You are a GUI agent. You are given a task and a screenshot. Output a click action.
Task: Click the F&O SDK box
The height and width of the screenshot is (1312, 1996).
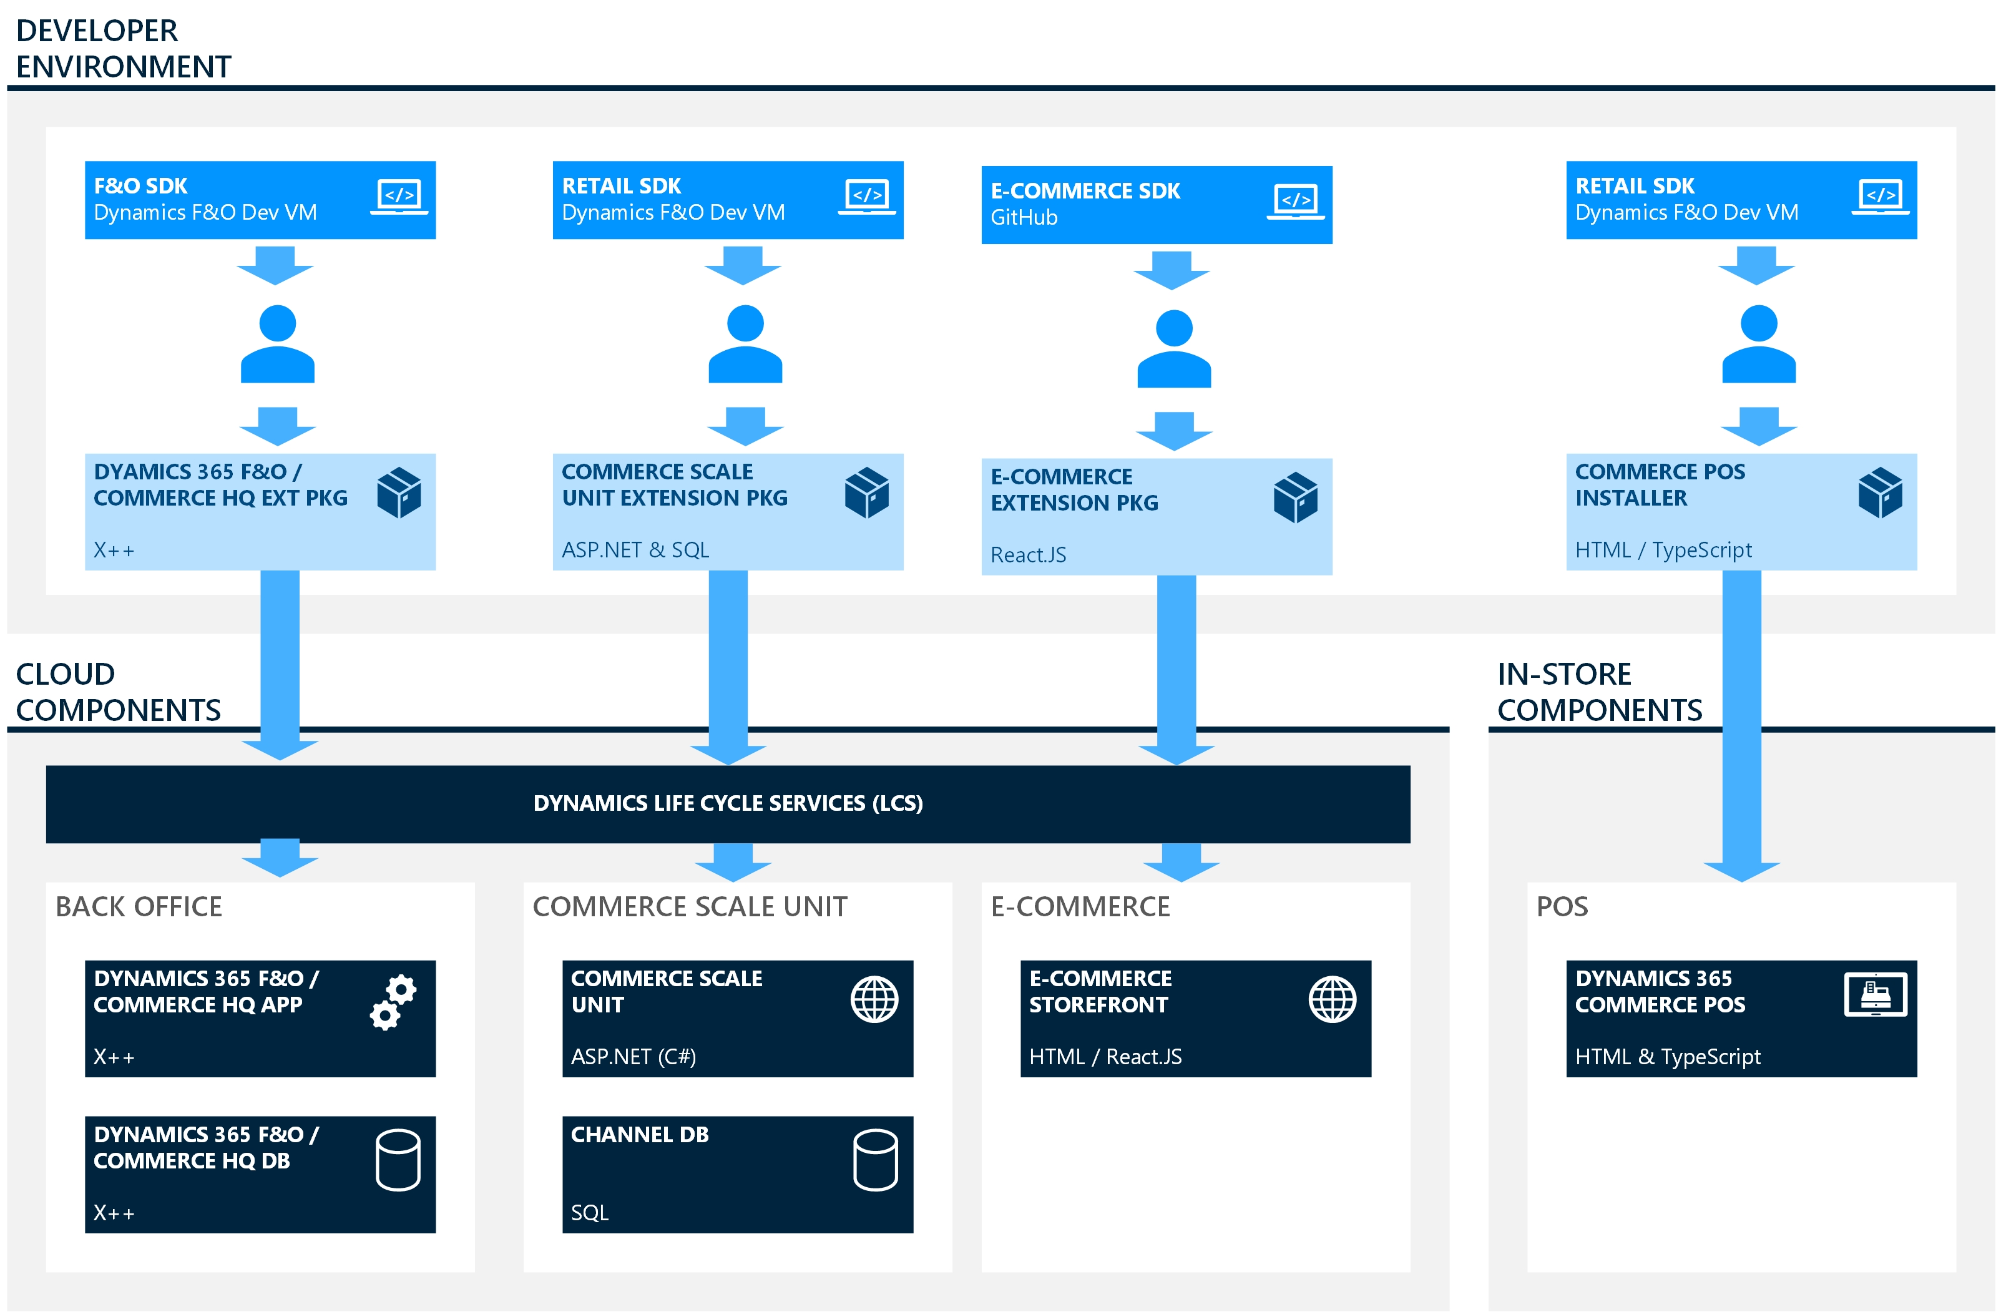260,200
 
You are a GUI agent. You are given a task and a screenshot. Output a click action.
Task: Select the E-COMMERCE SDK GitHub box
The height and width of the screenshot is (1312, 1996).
1156,205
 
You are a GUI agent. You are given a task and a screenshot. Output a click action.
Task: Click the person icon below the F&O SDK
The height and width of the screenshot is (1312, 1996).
278,344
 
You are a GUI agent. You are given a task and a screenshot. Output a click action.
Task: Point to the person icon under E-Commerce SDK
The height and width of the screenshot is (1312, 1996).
1173,349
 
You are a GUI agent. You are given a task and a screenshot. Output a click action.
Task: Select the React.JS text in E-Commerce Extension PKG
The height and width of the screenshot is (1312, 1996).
1028,554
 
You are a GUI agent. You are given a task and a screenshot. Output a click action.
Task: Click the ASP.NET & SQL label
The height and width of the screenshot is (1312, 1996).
635,549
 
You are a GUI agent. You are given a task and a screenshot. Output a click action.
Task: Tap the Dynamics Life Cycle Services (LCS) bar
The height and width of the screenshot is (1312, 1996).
727,804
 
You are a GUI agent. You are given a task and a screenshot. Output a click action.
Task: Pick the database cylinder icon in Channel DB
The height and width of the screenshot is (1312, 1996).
874,1160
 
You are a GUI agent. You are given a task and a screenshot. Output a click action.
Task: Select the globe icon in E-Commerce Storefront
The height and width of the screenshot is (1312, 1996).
1332,999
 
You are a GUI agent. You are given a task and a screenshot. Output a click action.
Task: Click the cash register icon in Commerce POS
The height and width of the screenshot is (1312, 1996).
1876,994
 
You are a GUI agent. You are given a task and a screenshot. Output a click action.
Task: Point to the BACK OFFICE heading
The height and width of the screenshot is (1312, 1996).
139,907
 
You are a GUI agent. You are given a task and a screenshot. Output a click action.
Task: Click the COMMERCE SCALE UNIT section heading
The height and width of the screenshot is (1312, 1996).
690,907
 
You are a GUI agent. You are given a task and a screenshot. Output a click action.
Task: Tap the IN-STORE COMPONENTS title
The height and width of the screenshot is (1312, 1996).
1598,692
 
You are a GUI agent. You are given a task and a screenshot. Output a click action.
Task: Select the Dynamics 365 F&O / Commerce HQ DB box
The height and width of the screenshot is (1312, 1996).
260,1173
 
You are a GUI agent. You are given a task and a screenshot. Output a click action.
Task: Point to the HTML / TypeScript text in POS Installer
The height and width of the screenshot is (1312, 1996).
1663,549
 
